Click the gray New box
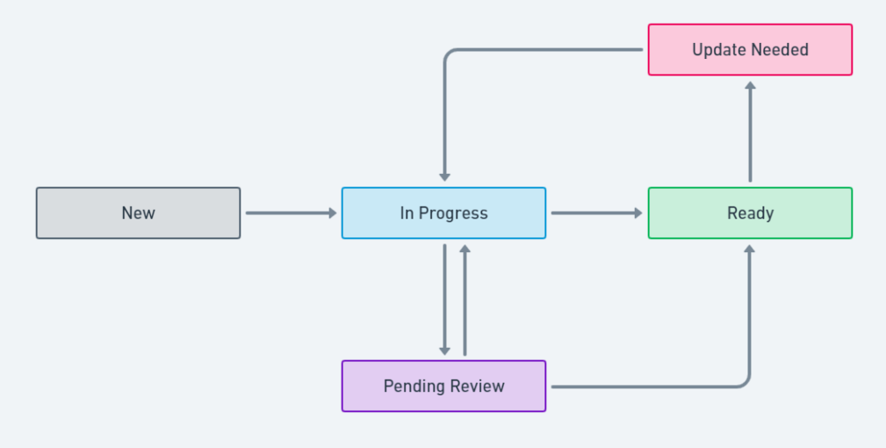[138, 213]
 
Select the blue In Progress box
[443, 213]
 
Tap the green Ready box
[750, 213]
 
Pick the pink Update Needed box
[750, 50]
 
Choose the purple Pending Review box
[443, 386]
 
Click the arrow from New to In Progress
[290, 213]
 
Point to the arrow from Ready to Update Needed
[750, 132]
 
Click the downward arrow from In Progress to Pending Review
[445, 299]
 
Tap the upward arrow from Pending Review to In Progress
[465, 299]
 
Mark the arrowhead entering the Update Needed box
[750, 85]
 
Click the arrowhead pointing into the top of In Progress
[445, 177]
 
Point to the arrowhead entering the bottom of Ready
[750, 249]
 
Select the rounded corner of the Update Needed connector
[449, 54]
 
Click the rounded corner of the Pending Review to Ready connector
[746, 382]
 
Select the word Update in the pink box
[715, 50]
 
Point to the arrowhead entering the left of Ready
[638, 213]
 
